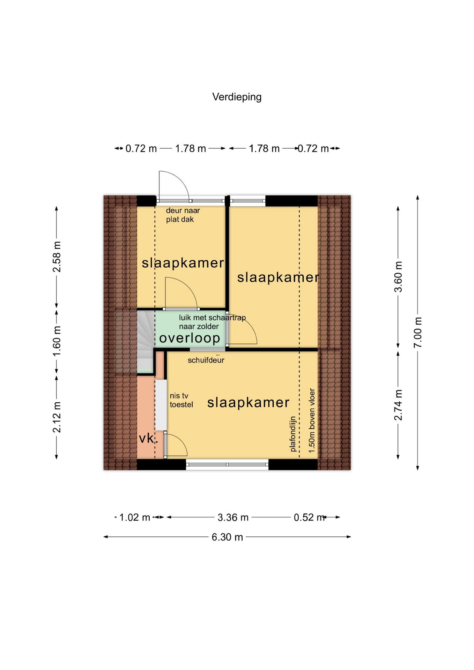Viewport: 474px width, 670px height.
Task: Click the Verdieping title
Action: click(237, 97)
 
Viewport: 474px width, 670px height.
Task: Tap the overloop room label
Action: click(190, 338)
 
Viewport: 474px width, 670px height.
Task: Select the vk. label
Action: click(148, 438)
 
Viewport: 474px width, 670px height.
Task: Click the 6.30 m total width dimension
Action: click(227, 537)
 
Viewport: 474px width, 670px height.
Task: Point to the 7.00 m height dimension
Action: click(418, 332)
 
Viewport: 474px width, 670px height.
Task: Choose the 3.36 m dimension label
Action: click(233, 517)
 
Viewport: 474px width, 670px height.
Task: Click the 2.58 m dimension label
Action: click(57, 256)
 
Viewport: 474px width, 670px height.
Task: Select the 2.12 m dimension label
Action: click(57, 417)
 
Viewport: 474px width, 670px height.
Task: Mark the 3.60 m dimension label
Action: click(398, 276)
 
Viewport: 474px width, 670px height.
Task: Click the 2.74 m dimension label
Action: click(398, 405)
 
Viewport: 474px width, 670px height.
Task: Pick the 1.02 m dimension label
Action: click(135, 517)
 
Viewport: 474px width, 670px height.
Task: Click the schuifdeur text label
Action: click(206, 360)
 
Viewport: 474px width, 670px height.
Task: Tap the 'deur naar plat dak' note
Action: click(183, 215)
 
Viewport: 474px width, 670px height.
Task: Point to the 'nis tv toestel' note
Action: click(181, 400)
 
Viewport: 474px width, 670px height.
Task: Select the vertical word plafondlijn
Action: click(293, 434)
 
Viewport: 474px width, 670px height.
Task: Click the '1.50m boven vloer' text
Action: click(312, 420)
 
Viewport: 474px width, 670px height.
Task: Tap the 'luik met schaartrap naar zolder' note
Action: click(212, 322)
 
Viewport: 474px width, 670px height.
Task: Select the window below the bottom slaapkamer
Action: click(227, 464)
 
